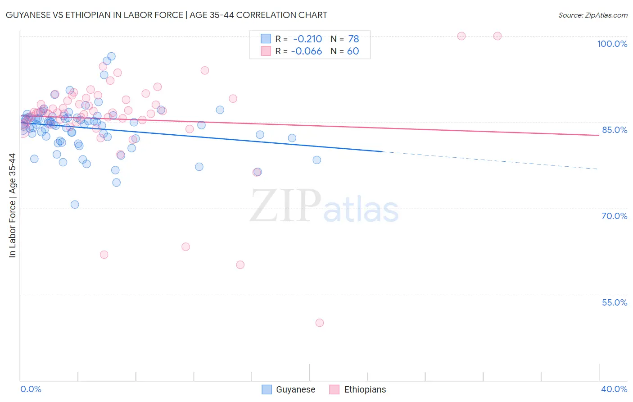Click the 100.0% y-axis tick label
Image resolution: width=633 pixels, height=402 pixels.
click(612, 44)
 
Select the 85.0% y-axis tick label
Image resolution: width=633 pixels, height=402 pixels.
click(615, 130)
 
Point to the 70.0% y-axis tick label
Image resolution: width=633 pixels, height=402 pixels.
click(615, 216)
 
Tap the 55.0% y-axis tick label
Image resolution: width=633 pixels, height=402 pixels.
click(615, 302)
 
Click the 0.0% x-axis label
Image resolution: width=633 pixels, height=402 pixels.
click(31, 389)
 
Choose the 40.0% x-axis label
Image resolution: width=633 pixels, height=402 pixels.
click(614, 389)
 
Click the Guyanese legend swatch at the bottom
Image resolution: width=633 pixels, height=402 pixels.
click(267, 389)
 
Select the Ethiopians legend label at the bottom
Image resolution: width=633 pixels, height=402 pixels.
click(365, 389)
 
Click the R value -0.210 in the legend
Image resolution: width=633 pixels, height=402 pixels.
click(307, 39)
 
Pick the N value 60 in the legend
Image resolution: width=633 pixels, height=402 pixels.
click(353, 51)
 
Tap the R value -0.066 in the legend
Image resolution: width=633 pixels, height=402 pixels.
click(306, 51)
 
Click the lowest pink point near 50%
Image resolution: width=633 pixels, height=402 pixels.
click(320, 323)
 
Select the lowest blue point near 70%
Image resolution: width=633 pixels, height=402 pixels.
click(75, 205)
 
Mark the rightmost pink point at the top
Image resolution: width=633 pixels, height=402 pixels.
click(497, 36)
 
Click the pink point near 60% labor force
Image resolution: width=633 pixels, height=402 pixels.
click(240, 265)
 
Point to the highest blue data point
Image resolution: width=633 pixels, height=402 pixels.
click(111, 56)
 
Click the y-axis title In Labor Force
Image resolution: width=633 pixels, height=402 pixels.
click(12, 206)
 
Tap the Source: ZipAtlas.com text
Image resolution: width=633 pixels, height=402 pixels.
click(592, 15)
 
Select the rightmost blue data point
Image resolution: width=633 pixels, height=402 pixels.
click(317, 160)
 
